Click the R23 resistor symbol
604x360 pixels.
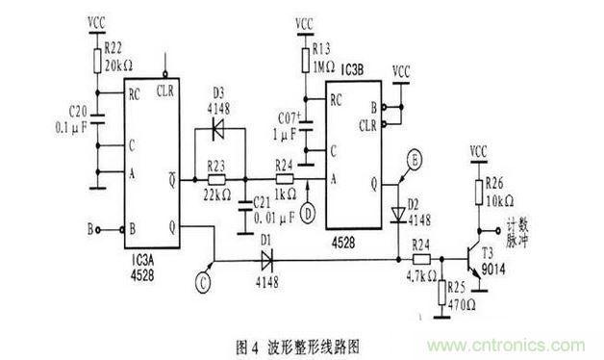[x=216, y=179]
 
